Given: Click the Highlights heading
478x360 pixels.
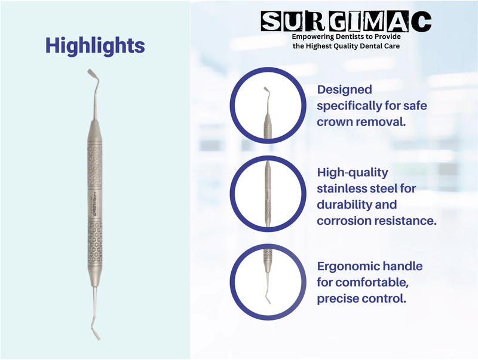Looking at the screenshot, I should [x=95, y=45].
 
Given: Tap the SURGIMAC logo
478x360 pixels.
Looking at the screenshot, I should [x=346, y=22].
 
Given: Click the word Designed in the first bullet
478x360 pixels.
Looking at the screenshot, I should [x=344, y=90].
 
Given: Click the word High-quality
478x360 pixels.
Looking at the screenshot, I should [x=353, y=173].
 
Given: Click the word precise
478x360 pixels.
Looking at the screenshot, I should [x=339, y=297].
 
